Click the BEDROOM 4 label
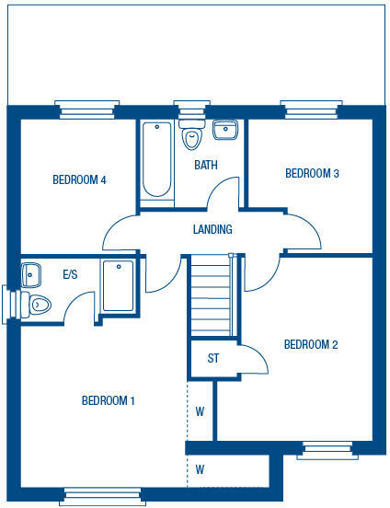pyautogui.click(x=80, y=179)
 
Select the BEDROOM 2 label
pyautogui.click(x=311, y=345)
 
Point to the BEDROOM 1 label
pyautogui.click(x=109, y=400)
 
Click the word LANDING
pyautogui.click(x=212, y=229)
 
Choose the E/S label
pyautogui.click(x=70, y=274)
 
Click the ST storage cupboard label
pyautogui.click(x=213, y=359)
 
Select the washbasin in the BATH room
pyautogui.click(x=225, y=130)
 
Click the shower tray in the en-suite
pyautogui.click(x=119, y=285)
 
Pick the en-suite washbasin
pyautogui.click(x=30, y=273)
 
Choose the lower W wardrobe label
pyautogui.click(x=200, y=469)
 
